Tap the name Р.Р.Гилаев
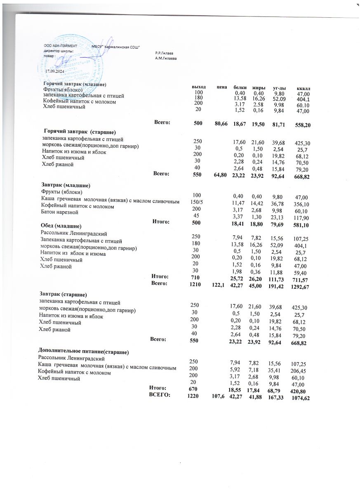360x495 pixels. tap(165, 53)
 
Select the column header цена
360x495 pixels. tap(222, 87)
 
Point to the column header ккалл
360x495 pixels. tap(304, 88)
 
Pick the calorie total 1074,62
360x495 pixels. tap(300, 398)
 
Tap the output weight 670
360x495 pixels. tap(193, 389)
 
